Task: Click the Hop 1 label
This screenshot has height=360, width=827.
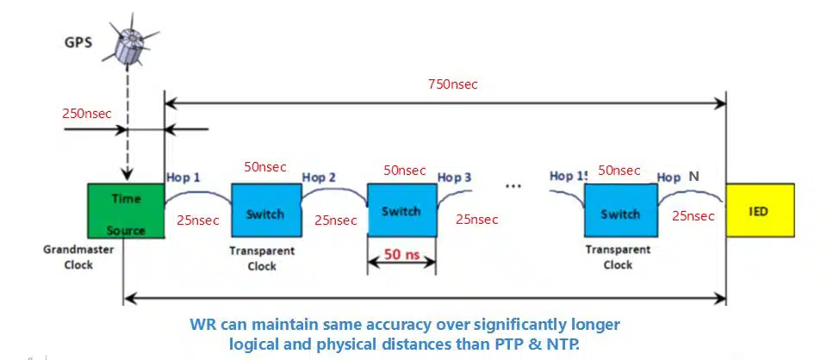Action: (x=183, y=179)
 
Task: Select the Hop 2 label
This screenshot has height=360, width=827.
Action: (x=319, y=178)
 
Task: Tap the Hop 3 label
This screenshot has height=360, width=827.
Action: (x=455, y=177)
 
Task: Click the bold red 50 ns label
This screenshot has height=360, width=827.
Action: (x=401, y=256)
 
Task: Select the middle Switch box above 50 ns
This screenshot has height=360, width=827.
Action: (x=401, y=210)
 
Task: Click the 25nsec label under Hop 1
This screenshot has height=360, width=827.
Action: (x=196, y=220)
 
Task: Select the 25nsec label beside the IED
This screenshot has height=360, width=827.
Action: (x=691, y=215)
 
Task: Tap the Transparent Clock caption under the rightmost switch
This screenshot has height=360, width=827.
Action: (x=618, y=258)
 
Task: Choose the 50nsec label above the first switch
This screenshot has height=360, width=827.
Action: (x=265, y=166)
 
